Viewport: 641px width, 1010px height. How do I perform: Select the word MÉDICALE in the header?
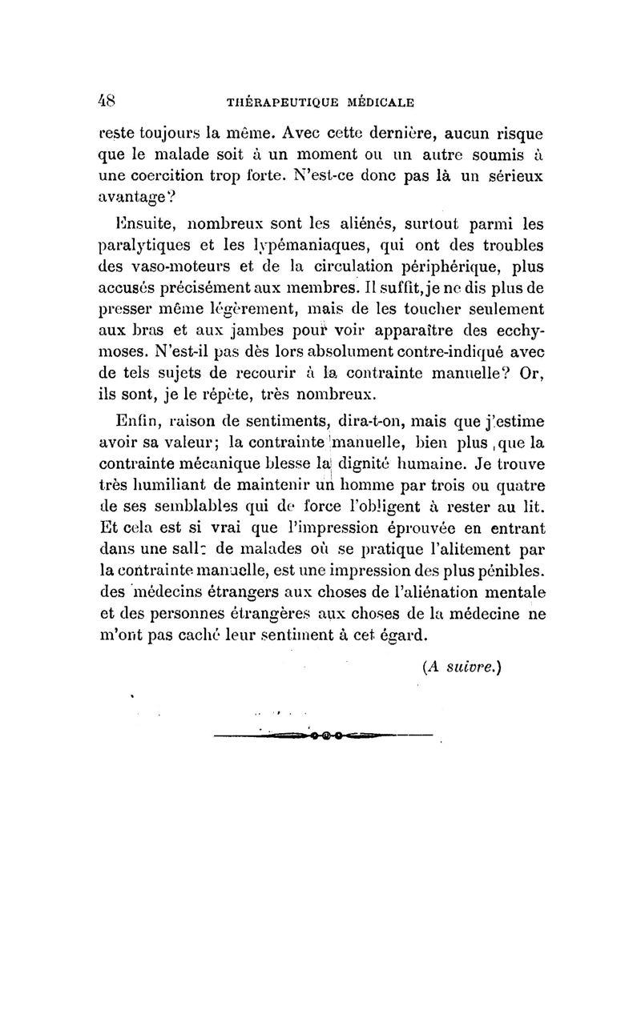tap(379, 102)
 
